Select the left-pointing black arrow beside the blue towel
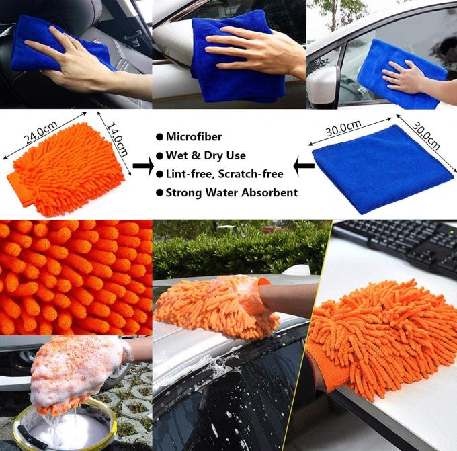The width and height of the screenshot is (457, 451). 304,165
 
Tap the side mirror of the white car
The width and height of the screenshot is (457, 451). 323,84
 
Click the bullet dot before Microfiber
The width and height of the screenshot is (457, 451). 159,137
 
